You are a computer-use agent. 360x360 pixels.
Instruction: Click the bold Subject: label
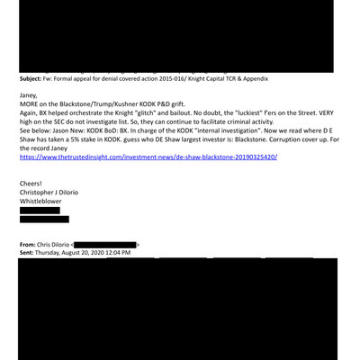pos(33,78)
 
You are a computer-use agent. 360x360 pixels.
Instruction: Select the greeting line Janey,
pos(30,94)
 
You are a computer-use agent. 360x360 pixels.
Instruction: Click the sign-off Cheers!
pos(33,183)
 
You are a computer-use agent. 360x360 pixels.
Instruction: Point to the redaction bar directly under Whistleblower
pos(40,211)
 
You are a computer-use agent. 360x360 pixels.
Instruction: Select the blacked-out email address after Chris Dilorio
pos(106,244)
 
